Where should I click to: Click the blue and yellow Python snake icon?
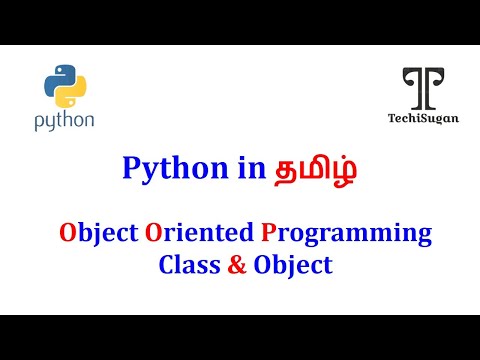click(x=65, y=86)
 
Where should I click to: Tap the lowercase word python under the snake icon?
click(x=64, y=121)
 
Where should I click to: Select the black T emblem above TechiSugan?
click(x=423, y=88)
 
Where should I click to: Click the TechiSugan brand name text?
click(x=423, y=118)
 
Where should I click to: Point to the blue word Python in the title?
click(x=175, y=169)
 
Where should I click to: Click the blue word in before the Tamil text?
click(x=252, y=168)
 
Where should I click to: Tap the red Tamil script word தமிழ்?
click(x=315, y=169)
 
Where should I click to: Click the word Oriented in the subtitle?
click(x=199, y=232)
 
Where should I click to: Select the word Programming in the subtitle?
click(x=346, y=235)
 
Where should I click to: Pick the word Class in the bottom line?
click(x=189, y=265)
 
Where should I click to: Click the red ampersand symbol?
click(x=237, y=265)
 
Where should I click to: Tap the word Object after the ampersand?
click(x=293, y=266)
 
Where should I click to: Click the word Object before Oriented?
click(x=99, y=234)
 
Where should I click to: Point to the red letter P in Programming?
click(x=268, y=232)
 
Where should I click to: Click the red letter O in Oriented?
click(x=153, y=232)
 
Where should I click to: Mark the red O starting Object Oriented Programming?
click(x=68, y=232)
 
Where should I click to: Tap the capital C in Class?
click(x=167, y=265)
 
